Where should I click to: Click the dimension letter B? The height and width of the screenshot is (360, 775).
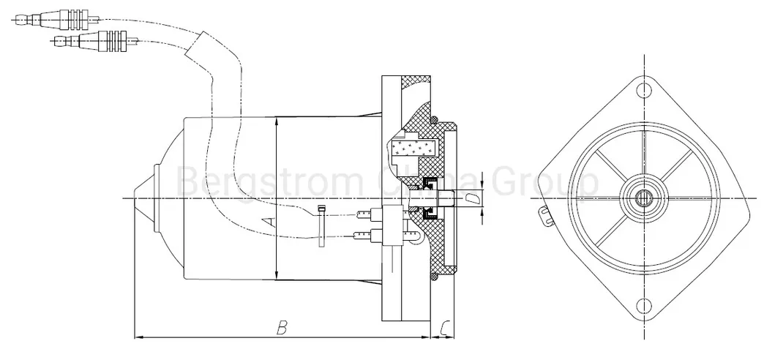280,327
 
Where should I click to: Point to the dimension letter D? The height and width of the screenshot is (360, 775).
472,198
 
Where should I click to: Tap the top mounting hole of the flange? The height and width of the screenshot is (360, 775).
643,90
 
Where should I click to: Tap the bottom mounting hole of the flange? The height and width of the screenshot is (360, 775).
643,306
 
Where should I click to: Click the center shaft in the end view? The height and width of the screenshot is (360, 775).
643,198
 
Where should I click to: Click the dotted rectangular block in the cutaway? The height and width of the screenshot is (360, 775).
413,149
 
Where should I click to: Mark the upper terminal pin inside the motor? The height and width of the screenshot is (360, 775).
365,214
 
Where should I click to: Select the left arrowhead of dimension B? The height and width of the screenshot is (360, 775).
140,337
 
